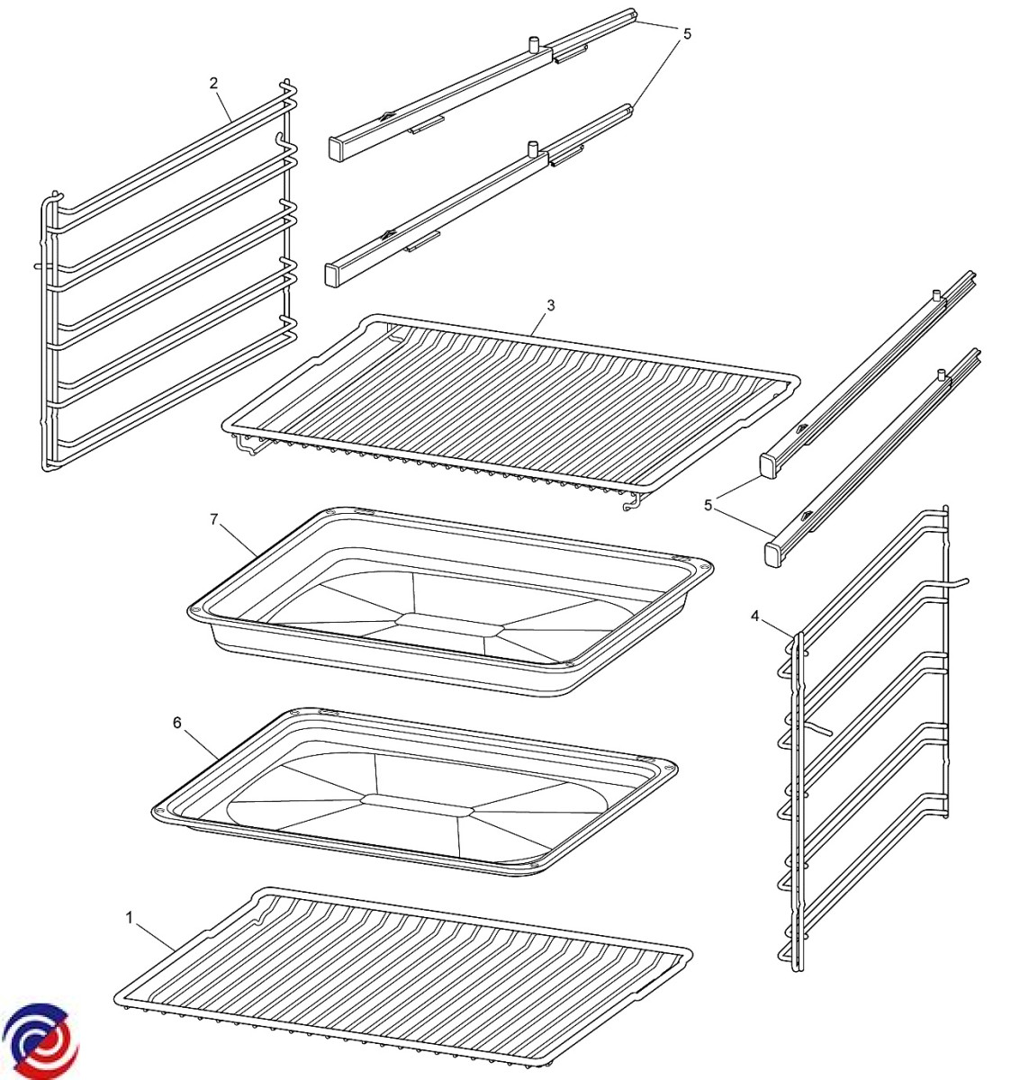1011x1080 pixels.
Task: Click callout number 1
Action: [130, 917]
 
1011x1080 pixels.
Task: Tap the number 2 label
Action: [213, 84]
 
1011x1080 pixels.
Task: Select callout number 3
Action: [550, 305]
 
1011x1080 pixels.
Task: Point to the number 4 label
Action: [755, 616]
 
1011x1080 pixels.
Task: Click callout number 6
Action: [177, 722]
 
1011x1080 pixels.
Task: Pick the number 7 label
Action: [213, 519]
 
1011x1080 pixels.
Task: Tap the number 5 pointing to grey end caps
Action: [709, 505]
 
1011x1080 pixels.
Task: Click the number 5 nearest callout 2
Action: [687, 34]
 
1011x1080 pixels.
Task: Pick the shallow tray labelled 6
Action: [414, 792]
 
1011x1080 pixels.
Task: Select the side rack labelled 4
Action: [864, 738]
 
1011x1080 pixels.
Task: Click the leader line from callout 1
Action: [153, 933]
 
